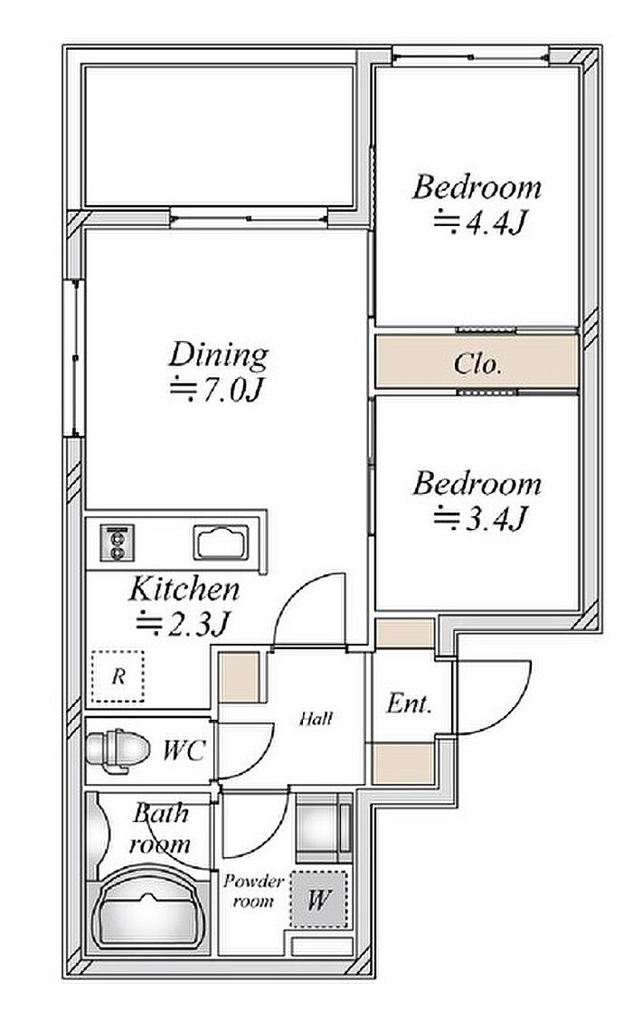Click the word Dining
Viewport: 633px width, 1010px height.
coord(218,356)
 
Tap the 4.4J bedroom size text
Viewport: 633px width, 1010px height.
coord(480,222)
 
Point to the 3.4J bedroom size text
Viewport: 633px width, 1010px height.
coord(480,518)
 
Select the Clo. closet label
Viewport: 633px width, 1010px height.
coord(477,364)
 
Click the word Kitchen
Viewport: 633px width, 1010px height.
coord(184,590)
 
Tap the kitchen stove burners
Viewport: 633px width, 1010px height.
coord(118,543)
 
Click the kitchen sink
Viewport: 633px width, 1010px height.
coord(221,543)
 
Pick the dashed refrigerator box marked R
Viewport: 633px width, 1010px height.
coord(118,676)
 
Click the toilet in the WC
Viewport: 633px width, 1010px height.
coord(118,749)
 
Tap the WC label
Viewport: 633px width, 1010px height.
coord(184,750)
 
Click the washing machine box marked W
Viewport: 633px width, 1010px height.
coord(317,899)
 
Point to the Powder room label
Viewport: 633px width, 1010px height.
coord(253,891)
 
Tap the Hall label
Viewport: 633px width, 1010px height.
coord(316,718)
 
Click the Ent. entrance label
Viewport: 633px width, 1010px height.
coord(409,703)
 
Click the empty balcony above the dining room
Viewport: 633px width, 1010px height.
coord(219,136)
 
